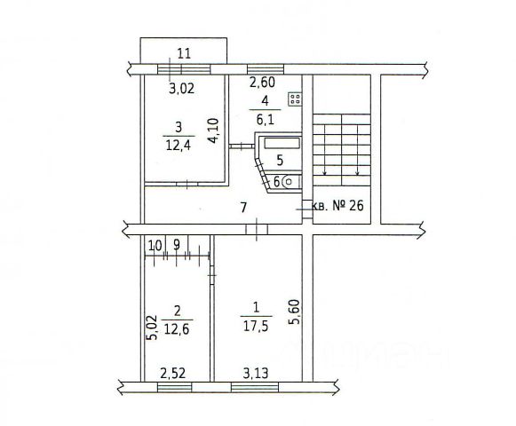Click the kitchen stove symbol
coord(295,99)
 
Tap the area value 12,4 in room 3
coord(179,145)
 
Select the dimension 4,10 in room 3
coord(213,130)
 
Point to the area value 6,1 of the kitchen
coord(266,120)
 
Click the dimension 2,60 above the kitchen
coord(262,82)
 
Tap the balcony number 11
coord(184,53)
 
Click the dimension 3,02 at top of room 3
coord(181,89)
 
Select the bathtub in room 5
coord(282,143)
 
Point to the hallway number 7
coord(243,208)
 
